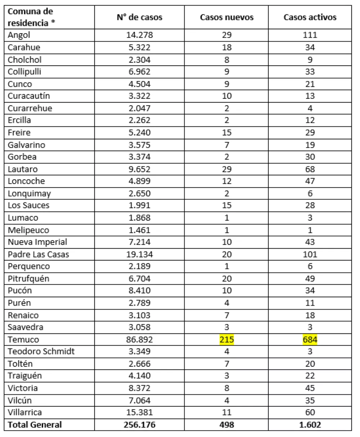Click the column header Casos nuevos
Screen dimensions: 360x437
(x=227, y=17)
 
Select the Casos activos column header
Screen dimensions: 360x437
(x=310, y=17)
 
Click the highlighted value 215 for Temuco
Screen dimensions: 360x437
(x=227, y=339)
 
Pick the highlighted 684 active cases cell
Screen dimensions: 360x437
(x=310, y=339)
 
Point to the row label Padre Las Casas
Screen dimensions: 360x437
(x=39, y=254)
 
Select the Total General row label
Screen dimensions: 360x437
(x=35, y=424)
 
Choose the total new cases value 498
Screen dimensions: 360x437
(x=227, y=424)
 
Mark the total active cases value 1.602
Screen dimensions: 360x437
(x=310, y=424)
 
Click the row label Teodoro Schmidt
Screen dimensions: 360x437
(x=41, y=351)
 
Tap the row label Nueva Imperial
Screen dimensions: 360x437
(x=37, y=242)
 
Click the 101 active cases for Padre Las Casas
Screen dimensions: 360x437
(x=310, y=254)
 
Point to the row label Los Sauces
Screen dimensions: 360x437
(x=29, y=206)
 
